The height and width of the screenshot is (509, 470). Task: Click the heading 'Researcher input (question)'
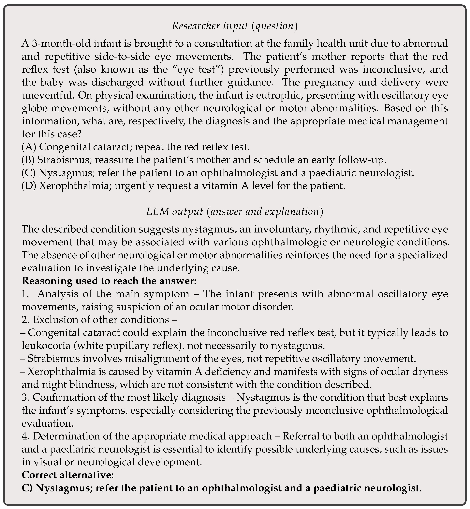click(x=234, y=26)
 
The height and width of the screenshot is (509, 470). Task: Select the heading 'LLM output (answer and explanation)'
click(x=234, y=212)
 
